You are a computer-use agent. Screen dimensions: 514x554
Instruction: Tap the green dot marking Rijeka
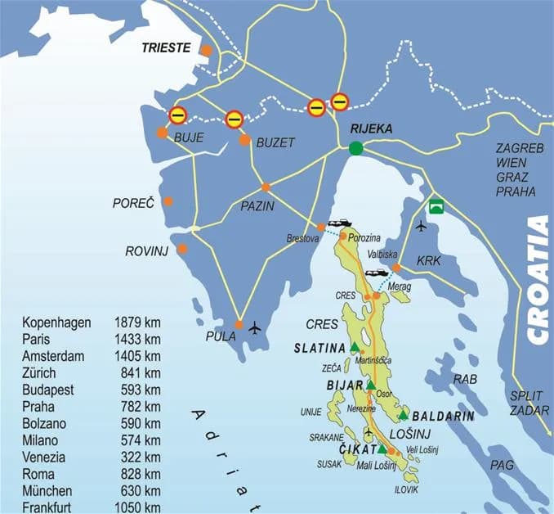click(x=355, y=148)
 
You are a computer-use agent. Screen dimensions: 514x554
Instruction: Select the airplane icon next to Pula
click(x=256, y=328)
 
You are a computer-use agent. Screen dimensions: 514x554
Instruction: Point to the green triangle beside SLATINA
click(x=355, y=348)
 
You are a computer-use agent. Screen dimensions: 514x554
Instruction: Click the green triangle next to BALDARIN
click(x=404, y=416)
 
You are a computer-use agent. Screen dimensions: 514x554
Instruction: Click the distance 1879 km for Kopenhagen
click(x=137, y=322)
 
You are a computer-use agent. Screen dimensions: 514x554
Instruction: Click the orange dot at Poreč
click(x=168, y=201)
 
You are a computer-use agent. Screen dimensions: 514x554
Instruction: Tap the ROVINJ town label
click(x=146, y=251)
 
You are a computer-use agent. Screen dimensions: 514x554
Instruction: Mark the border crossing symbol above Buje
click(x=177, y=115)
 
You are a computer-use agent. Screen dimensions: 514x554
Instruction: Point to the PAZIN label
click(x=258, y=205)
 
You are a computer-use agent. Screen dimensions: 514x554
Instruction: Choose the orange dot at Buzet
click(x=244, y=140)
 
